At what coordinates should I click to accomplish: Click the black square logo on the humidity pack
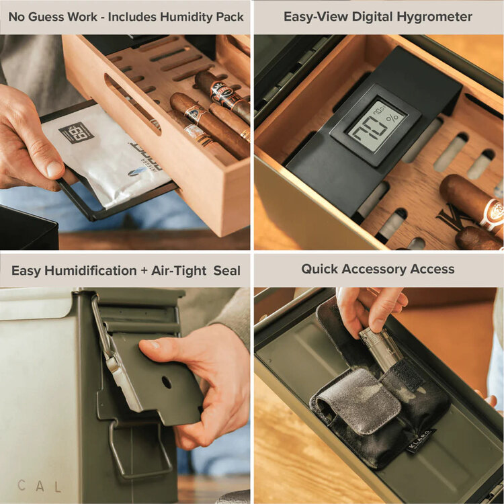coord(76,132)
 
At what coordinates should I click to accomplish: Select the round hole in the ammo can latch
coord(166,382)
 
